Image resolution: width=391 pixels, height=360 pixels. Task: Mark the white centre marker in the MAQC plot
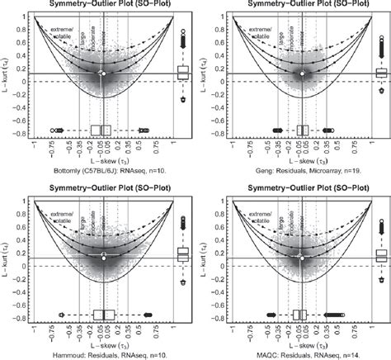click(302, 258)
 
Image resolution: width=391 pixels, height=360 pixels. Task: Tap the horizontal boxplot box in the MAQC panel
click(300, 315)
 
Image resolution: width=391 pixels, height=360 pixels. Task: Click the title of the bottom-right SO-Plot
click(301, 190)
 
